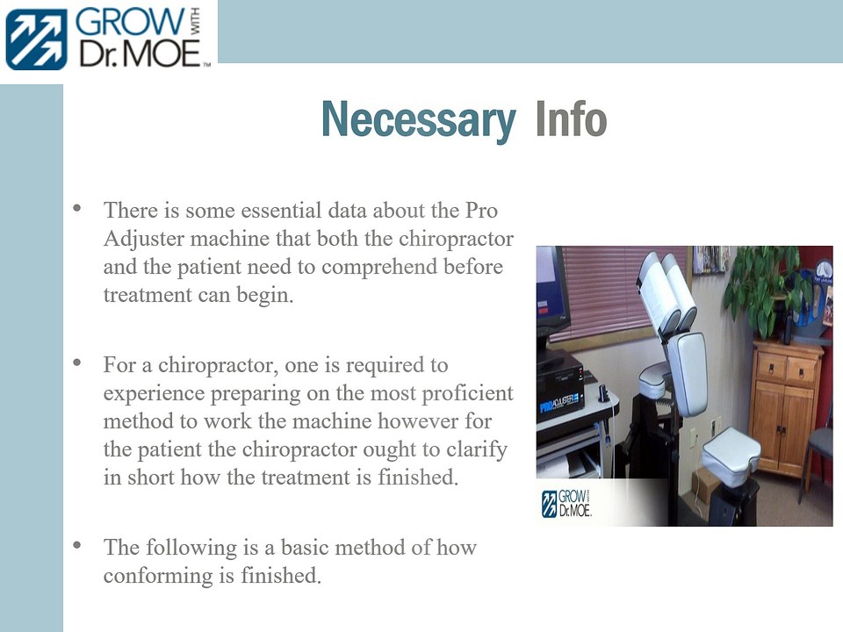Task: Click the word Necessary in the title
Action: (x=418, y=120)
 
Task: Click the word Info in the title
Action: (x=571, y=120)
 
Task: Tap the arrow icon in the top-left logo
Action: (x=36, y=39)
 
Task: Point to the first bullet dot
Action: (x=77, y=209)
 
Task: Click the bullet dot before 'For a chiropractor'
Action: (x=77, y=362)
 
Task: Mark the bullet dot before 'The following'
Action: (x=77, y=545)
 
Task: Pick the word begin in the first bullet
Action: (x=264, y=295)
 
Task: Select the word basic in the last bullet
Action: (x=307, y=549)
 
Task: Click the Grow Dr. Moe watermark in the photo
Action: (x=566, y=504)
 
